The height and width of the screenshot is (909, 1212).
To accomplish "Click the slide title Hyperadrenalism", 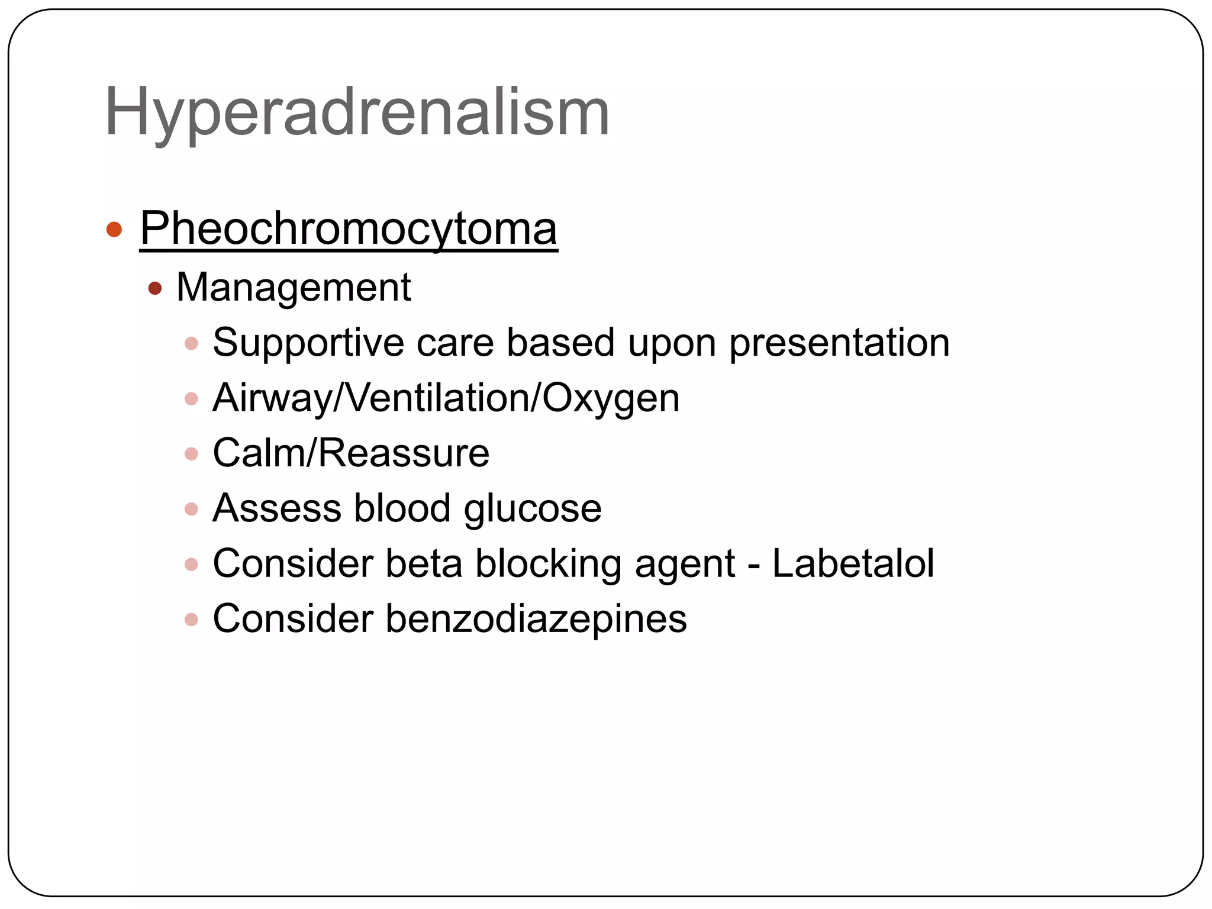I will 357,112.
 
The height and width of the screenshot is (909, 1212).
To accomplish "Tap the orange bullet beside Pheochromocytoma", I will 114,229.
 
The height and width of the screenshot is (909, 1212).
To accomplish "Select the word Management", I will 294,288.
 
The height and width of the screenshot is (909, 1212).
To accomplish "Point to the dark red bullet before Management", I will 155,289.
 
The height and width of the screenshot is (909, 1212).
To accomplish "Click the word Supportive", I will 308,343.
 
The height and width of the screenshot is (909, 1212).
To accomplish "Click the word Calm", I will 260,453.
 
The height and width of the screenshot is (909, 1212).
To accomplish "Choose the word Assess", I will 277,508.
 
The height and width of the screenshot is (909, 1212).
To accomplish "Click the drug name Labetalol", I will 853,563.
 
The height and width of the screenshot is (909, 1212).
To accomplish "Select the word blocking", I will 549,564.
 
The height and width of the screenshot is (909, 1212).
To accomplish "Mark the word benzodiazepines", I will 536,619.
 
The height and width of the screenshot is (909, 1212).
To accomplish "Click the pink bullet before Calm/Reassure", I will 191,454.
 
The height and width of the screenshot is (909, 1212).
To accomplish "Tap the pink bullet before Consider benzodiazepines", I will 191,620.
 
